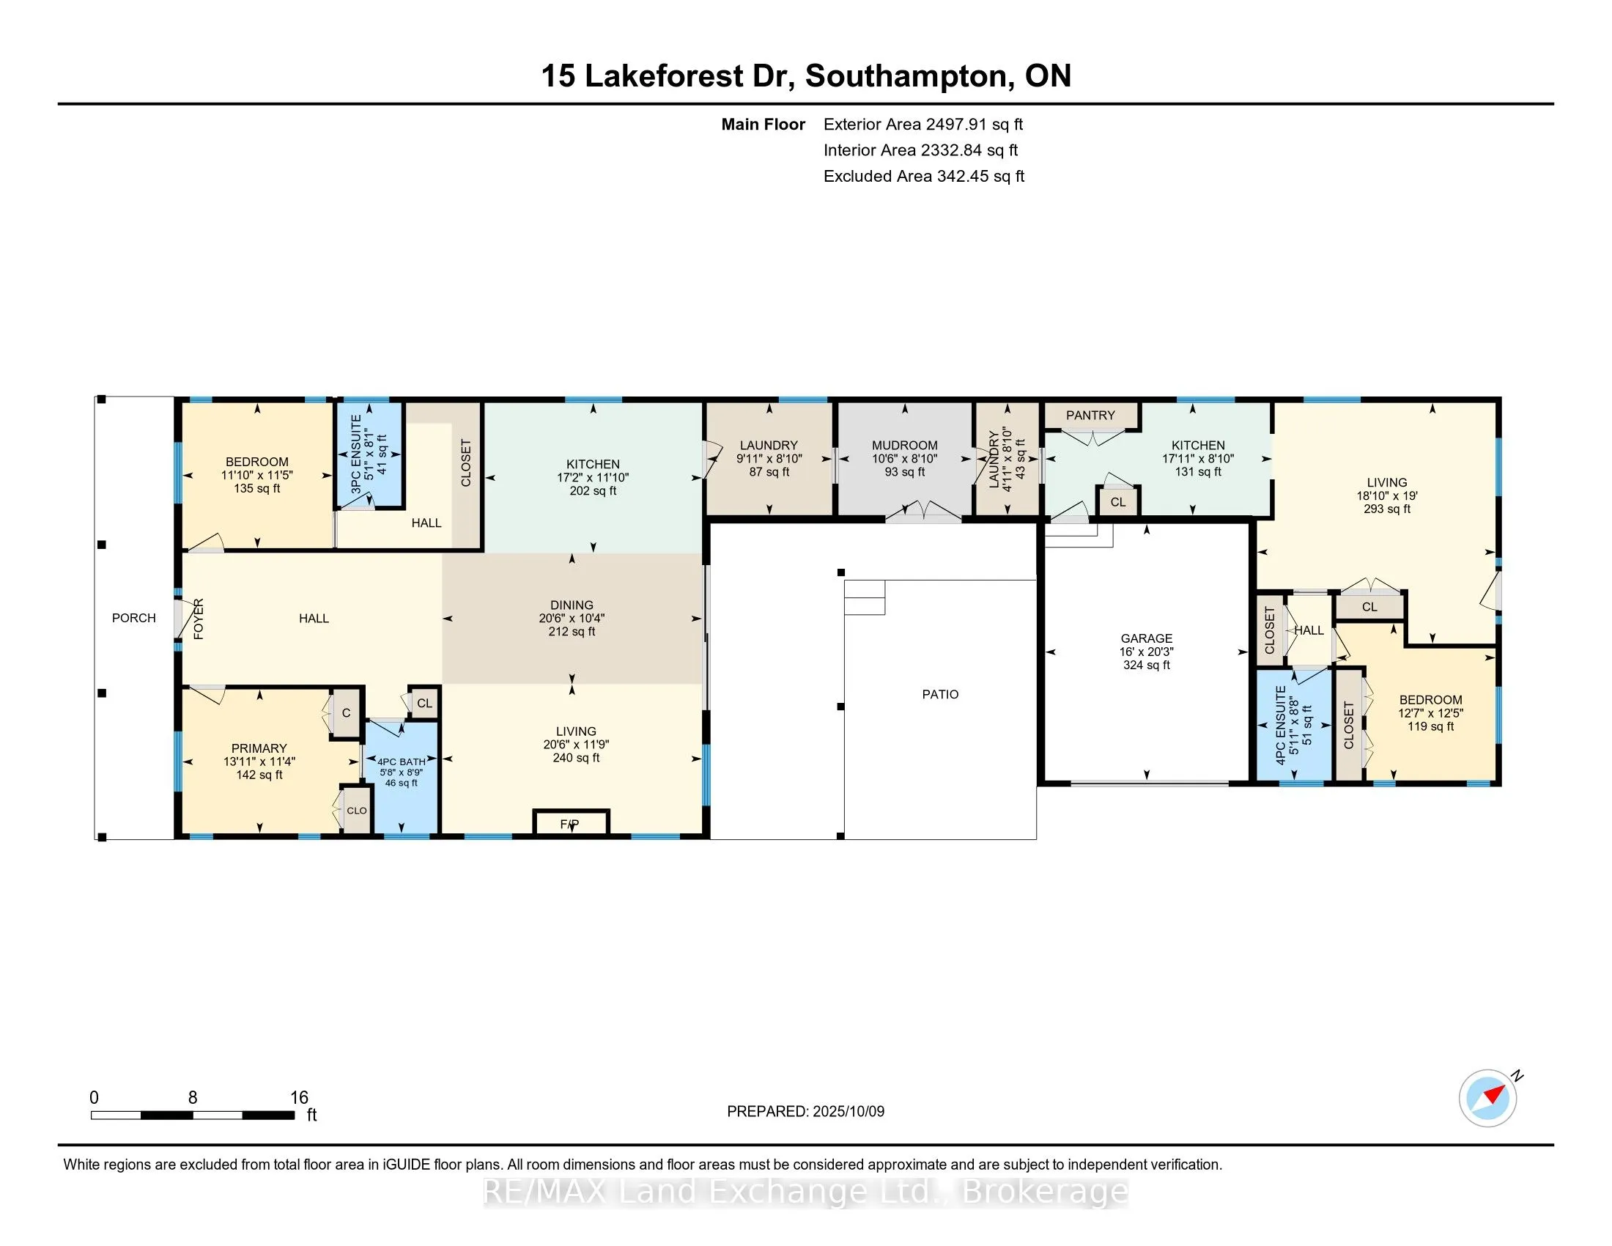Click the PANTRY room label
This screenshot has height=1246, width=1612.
(1090, 416)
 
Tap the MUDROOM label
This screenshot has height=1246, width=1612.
(904, 445)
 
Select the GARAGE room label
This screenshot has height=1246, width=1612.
(1146, 638)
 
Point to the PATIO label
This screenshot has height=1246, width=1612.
(940, 694)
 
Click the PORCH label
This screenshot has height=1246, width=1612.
(133, 618)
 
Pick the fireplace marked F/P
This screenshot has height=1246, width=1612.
(571, 823)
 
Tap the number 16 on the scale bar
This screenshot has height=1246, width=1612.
(299, 1098)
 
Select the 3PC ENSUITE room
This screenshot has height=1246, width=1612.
(369, 454)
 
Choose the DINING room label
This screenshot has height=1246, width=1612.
(572, 605)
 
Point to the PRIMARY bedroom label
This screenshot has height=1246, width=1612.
(259, 748)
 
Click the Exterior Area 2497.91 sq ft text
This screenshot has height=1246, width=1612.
(923, 124)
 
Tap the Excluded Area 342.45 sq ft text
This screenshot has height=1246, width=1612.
(924, 176)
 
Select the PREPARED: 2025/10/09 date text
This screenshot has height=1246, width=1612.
(805, 1111)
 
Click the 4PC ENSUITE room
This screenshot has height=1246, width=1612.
(1294, 725)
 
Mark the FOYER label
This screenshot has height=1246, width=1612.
(199, 619)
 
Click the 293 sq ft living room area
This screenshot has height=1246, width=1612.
(1387, 509)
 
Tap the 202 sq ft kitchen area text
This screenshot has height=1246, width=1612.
(594, 490)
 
